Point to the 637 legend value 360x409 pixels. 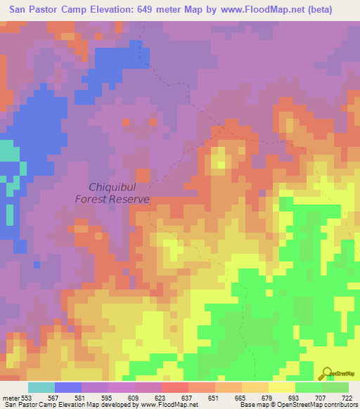tap(167, 398)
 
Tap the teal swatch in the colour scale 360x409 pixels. tap(41, 388)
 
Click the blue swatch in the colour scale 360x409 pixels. tap(68, 388)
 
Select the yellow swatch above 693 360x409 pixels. tap(282, 388)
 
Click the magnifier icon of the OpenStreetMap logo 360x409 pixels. tap(327, 373)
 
